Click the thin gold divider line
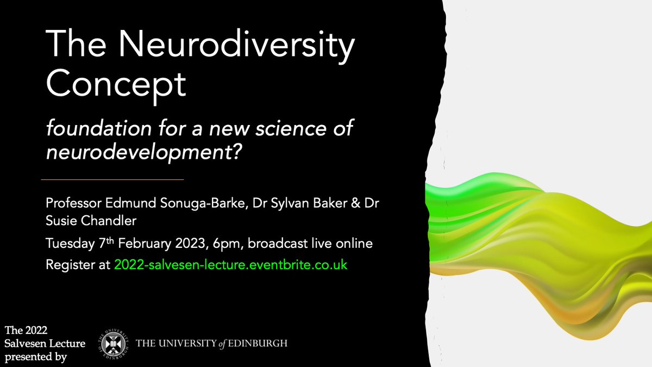click(x=112, y=179)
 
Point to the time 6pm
click(x=228, y=244)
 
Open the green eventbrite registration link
click(x=231, y=265)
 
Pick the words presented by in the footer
click(x=35, y=357)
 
